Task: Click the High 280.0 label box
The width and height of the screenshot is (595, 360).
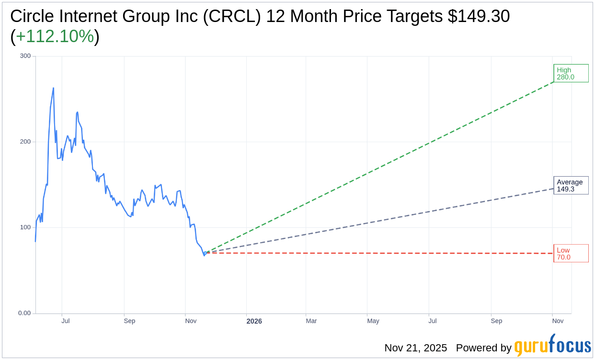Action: (x=571, y=73)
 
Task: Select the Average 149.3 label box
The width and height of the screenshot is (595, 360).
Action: (x=571, y=185)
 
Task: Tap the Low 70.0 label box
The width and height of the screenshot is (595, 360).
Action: (x=571, y=253)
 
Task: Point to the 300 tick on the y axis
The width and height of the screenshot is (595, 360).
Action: (x=25, y=56)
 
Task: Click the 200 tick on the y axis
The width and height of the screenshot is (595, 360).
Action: (x=25, y=142)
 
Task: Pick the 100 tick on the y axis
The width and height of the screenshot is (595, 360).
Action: (x=25, y=227)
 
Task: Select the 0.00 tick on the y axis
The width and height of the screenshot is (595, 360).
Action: (x=24, y=313)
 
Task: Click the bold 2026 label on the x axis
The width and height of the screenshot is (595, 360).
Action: (x=254, y=321)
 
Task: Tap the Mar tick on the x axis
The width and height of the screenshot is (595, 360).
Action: (x=311, y=321)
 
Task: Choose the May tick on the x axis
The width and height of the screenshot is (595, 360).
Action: (x=373, y=321)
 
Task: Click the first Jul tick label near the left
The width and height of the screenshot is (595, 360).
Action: (x=66, y=321)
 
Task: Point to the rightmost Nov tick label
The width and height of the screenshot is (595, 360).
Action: (x=558, y=321)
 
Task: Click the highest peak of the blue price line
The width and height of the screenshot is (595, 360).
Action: (x=53, y=88)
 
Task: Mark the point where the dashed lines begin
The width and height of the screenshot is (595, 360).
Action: (x=205, y=253)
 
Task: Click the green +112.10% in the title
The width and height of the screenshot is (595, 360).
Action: (x=55, y=36)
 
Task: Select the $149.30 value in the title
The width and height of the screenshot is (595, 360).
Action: (x=479, y=16)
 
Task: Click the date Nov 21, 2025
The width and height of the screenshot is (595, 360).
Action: (x=415, y=348)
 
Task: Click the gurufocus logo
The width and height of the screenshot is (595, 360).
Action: (x=552, y=346)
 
